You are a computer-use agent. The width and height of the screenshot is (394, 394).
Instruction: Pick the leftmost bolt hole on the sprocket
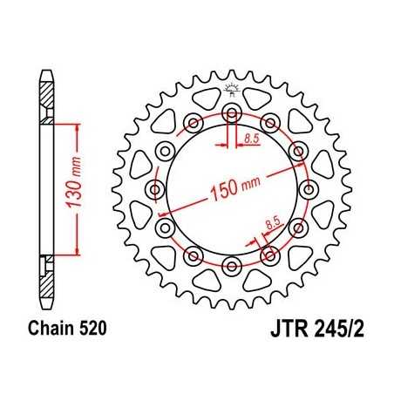pyautogui.click(x=156, y=189)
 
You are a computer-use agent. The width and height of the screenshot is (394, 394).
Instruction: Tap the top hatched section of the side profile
pyautogui.click(x=44, y=109)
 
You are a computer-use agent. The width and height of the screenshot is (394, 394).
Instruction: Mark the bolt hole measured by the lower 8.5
pyautogui.click(x=268, y=255)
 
